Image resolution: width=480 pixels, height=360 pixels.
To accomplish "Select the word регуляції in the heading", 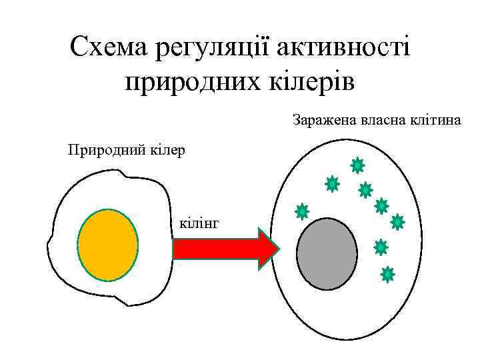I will pos(211,48).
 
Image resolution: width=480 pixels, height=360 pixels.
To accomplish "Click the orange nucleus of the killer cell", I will pos(108,245).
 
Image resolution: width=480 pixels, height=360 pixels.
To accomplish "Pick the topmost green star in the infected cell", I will pos(357,165).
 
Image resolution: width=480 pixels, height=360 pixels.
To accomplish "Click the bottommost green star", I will pos(387,274).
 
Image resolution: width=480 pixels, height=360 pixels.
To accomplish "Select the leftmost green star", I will pos(302,212).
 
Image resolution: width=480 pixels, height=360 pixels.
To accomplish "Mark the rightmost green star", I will pos(397,222).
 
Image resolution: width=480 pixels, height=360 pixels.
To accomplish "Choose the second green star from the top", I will pos(332,183).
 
